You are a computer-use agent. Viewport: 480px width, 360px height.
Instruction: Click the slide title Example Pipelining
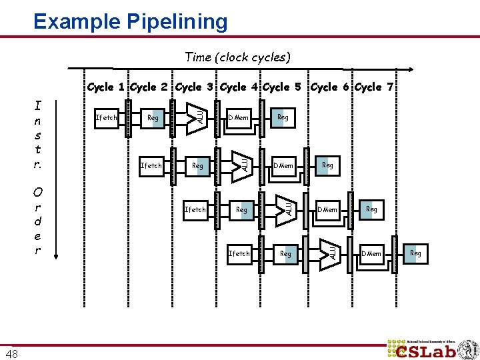131,21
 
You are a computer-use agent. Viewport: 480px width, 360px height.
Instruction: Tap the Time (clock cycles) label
237,57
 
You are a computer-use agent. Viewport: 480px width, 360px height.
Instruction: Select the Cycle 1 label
107,87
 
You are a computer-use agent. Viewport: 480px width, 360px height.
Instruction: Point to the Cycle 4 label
239,87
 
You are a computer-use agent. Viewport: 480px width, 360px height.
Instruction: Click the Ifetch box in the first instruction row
107,118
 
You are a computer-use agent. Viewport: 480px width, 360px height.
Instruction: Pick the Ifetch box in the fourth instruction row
239,253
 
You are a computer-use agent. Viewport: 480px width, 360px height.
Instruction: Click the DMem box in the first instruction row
239,118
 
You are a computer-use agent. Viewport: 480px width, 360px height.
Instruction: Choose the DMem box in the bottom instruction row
371,253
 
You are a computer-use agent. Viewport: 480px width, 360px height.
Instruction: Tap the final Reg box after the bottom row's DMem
415,253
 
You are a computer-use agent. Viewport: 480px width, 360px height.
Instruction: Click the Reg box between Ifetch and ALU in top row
153,118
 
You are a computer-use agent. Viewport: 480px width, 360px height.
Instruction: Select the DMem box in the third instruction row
327,209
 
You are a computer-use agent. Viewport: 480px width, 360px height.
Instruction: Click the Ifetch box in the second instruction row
151,165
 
